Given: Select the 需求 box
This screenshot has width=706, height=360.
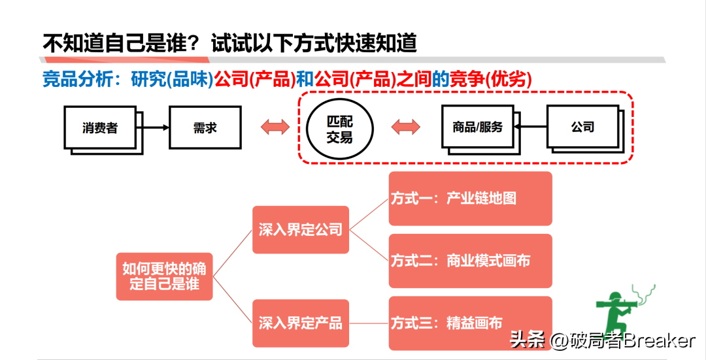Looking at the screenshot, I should (205, 127).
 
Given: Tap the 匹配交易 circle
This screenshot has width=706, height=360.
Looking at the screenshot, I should (339, 128).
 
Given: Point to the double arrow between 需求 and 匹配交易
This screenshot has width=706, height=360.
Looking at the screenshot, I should (275, 127).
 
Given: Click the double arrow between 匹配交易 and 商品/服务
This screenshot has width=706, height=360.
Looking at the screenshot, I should (406, 127).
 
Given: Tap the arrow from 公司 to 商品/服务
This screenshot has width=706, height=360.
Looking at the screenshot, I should (529, 127).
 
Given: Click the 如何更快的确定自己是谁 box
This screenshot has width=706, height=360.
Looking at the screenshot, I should (164, 276).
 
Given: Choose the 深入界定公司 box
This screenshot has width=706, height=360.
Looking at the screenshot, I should (300, 230).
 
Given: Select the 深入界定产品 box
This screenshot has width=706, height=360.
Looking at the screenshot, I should (300, 322).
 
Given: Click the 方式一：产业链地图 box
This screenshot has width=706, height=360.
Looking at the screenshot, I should (470, 199).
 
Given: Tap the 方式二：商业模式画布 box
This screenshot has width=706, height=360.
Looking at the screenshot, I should (470, 261).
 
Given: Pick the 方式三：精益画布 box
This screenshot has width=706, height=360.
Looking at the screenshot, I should (470, 322).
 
